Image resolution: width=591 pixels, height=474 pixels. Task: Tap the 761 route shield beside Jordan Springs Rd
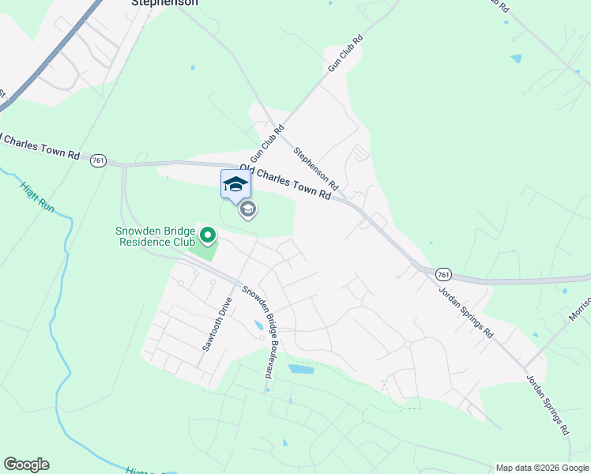pos(443,275)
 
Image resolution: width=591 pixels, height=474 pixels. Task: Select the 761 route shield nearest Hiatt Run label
pos(98,160)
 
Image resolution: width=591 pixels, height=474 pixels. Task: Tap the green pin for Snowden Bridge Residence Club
pos(208,235)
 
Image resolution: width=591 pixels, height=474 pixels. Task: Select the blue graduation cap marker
pos(235,185)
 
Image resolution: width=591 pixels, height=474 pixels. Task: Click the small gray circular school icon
pos(248,209)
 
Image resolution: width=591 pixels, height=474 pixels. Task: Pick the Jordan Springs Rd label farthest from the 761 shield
pos(547,404)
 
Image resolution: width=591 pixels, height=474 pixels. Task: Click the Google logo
pos(26,465)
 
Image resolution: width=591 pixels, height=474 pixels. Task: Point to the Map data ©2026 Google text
pos(541,468)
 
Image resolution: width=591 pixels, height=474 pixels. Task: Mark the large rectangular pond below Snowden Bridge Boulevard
pos(300,369)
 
